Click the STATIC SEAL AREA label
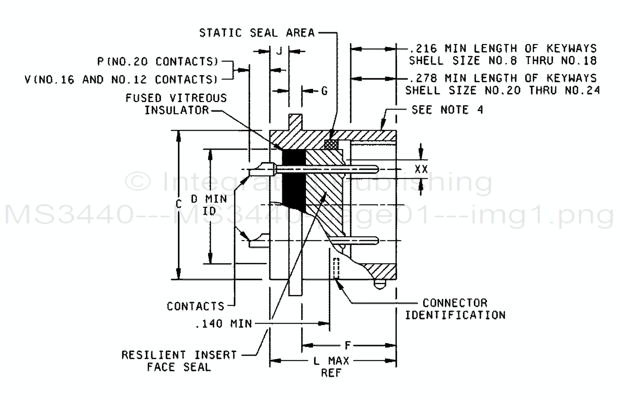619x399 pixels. coord(257,33)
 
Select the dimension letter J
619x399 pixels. coord(279,51)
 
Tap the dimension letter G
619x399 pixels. coord(324,91)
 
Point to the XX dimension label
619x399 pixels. coord(421,169)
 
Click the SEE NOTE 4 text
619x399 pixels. coord(447,110)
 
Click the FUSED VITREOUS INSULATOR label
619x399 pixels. coord(176,104)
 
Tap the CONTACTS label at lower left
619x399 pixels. coord(195,306)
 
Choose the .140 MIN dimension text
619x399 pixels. coord(224,324)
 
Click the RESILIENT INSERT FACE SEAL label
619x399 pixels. coord(179,361)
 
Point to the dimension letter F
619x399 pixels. coord(348,345)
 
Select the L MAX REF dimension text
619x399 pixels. coord(331,367)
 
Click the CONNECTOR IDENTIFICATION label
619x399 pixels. coord(455,309)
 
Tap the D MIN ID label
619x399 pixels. coord(209,205)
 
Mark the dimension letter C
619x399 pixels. coord(179,204)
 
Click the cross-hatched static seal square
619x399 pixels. coord(331,144)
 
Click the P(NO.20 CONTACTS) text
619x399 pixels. coord(158,61)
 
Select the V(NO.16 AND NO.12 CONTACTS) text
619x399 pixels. coord(122,79)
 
